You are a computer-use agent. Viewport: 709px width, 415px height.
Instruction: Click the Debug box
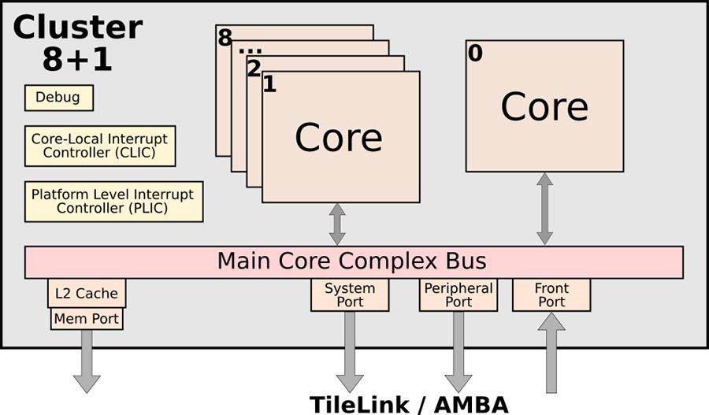click(59, 98)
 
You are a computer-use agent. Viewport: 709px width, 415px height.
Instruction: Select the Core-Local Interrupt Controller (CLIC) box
click(99, 146)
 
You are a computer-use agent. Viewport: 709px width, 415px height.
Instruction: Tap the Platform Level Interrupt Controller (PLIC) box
click(113, 201)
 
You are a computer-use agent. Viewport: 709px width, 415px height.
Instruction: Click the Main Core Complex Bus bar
click(353, 261)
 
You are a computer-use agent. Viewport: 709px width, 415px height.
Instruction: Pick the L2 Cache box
click(87, 293)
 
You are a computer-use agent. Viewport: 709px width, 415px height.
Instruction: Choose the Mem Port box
click(87, 319)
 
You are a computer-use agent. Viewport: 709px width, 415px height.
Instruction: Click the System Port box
click(350, 295)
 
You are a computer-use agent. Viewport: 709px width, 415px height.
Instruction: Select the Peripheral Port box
click(458, 295)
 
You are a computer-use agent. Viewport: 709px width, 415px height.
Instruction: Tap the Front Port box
click(551, 295)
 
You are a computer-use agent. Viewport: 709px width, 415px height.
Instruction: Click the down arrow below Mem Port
click(87, 361)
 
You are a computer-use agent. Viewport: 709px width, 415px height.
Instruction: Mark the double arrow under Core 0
click(544, 209)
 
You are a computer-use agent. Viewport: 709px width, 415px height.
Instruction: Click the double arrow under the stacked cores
click(337, 224)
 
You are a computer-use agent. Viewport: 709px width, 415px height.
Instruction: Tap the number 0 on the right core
click(474, 54)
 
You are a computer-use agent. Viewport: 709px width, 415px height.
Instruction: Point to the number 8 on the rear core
click(225, 38)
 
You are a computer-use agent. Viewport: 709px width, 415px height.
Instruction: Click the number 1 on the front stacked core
click(269, 84)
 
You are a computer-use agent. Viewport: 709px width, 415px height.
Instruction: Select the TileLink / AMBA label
click(408, 404)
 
